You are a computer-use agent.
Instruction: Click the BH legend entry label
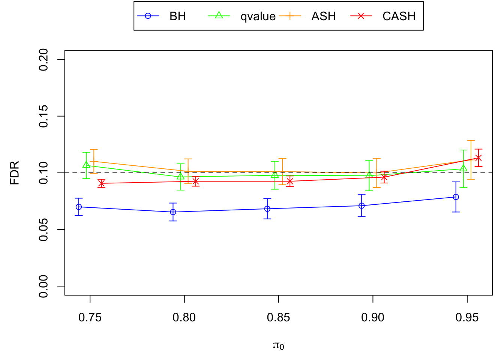[x=178, y=16]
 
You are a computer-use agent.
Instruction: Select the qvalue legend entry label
[x=258, y=16]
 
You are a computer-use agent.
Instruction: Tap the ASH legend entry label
[x=323, y=16]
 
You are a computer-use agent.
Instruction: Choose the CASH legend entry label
[x=399, y=16]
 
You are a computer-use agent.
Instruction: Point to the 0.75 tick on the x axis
[x=90, y=318]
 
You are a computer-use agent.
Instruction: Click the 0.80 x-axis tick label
[x=184, y=318]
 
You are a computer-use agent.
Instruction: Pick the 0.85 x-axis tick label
[x=279, y=318]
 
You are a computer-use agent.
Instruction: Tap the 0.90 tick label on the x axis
[x=373, y=318]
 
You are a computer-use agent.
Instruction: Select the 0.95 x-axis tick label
[x=467, y=318]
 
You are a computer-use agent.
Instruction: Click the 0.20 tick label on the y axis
[x=44, y=60]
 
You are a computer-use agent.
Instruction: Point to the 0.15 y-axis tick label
[x=44, y=116]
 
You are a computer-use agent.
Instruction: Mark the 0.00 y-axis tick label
[x=44, y=286]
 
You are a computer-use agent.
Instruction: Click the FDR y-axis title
[x=15, y=173]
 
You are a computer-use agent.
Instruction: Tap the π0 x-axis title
[x=279, y=345]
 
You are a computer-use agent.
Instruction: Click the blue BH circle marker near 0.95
[x=456, y=197]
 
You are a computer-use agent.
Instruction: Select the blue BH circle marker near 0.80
[x=173, y=212]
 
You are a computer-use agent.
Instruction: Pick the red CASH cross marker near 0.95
[x=478, y=158]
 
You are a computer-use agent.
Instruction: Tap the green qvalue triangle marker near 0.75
[x=86, y=165]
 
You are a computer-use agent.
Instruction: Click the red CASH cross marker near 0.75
[x=101, y=183]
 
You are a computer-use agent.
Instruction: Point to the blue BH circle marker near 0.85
[x=267, y=209]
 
